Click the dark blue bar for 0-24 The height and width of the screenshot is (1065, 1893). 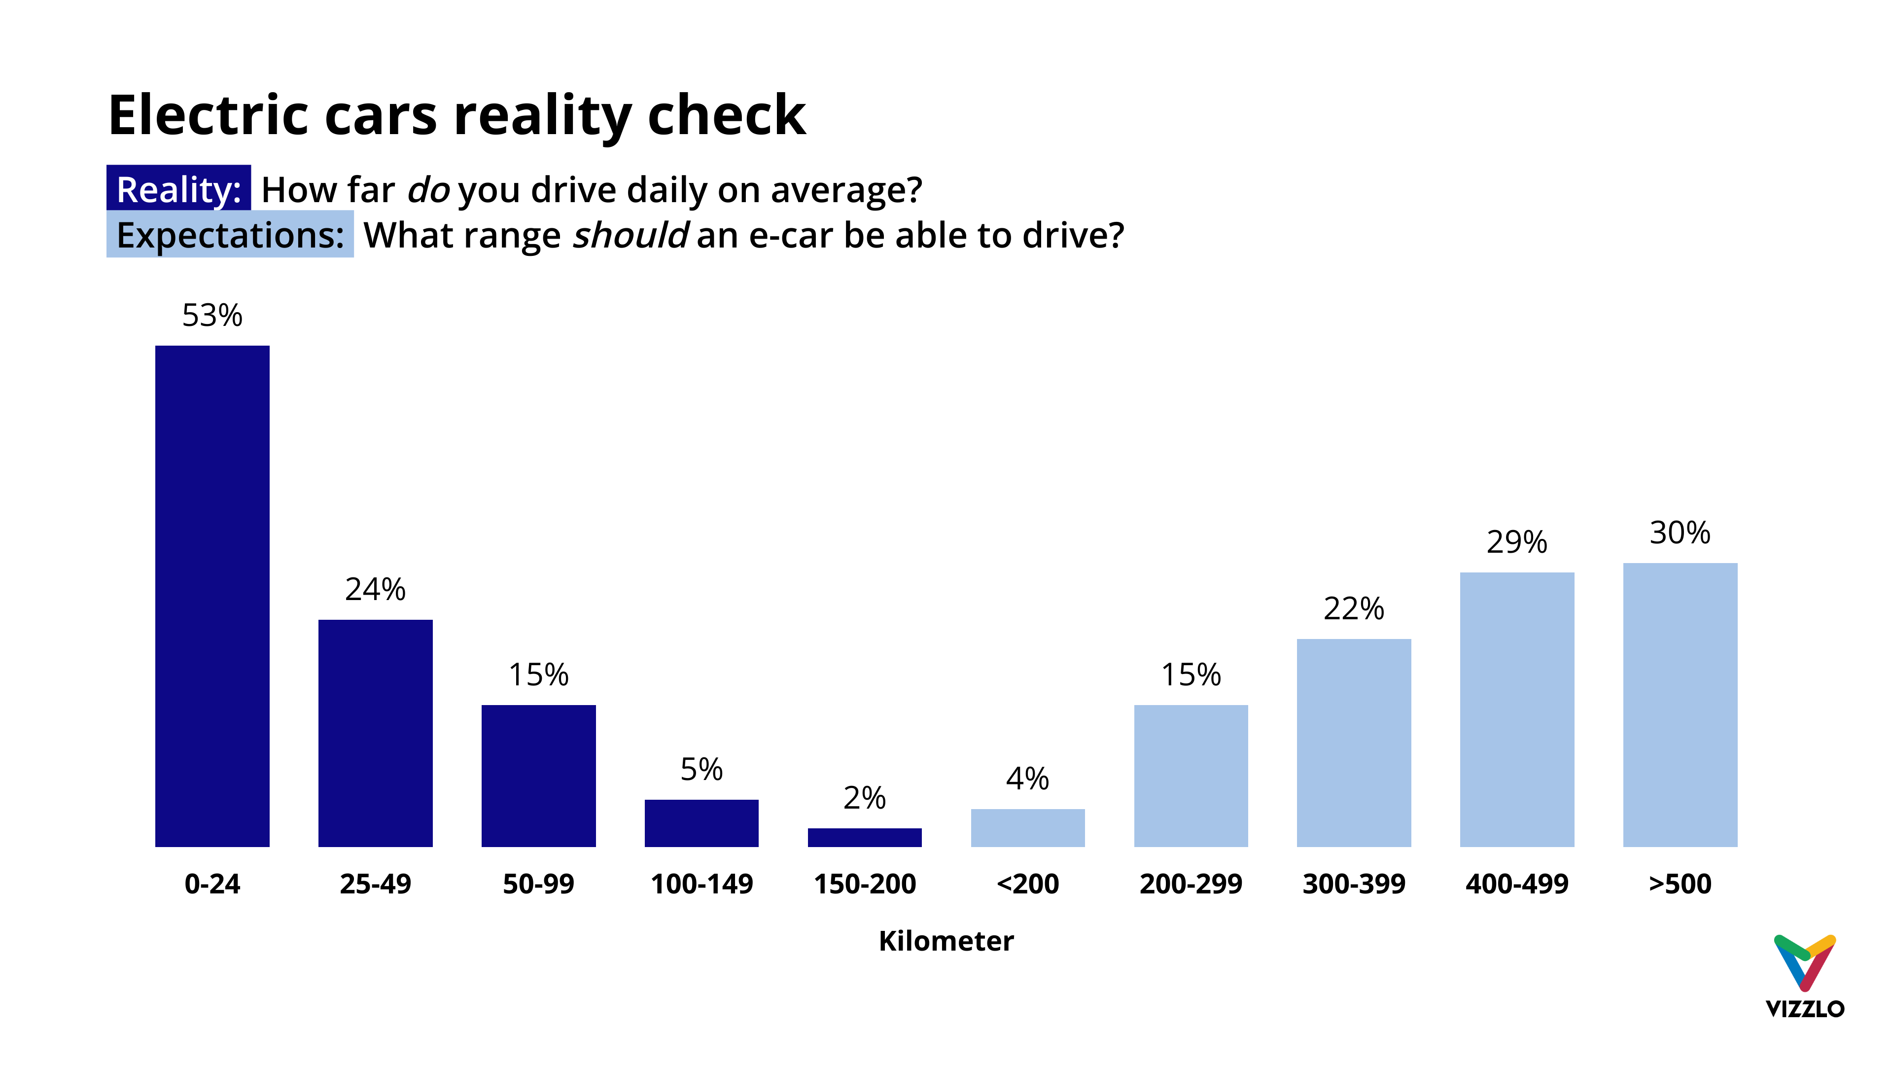point(212,595)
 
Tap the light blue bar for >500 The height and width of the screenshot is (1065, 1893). point(1680,704)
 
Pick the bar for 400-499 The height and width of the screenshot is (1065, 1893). point(1517,710)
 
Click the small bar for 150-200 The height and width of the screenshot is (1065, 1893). point(864,837)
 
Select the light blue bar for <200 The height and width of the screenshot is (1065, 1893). point(1027,828)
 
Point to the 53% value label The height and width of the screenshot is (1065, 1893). point(212,316)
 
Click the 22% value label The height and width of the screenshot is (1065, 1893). point(1354,608)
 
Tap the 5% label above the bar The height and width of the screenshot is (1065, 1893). point(701,770)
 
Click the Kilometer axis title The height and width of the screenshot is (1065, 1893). point(946,941)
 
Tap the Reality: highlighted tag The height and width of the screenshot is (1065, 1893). point(178,189)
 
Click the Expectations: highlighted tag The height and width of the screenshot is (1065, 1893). point(230,235)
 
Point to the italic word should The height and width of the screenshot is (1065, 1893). point(630,235)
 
